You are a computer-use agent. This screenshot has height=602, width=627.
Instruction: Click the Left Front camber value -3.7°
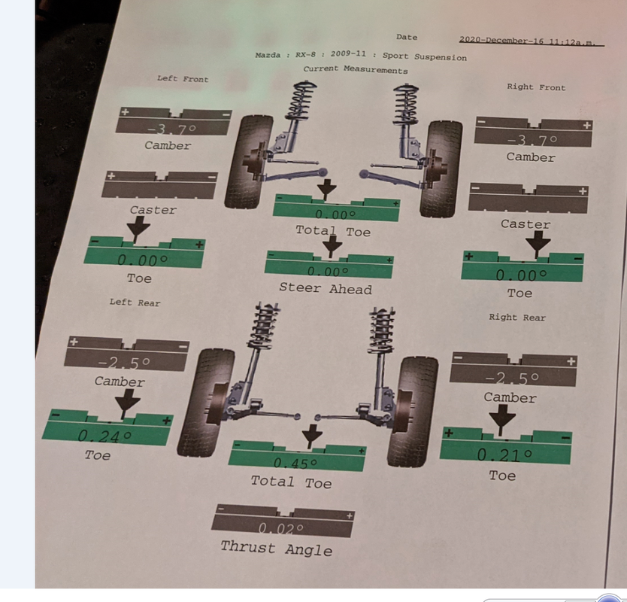[x=172, y=129]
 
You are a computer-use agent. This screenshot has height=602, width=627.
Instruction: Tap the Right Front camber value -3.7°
[x=532, y=140]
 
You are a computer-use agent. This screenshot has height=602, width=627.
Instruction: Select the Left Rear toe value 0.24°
[x=104, y=435]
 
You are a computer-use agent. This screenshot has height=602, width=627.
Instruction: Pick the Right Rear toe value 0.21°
[x=505, y=455]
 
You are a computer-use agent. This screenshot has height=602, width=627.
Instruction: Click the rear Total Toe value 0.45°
[x=295, y=463]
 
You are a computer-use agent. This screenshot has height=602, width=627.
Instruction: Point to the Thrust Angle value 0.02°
[x=281, y=529]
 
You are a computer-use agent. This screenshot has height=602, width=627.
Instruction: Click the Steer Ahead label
[x=326, y=288]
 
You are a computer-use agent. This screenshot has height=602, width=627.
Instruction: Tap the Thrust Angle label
[x=276, y=549]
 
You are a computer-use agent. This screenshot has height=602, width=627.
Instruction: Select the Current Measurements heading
[x=356, y=70]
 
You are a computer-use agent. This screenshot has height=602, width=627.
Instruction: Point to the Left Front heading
[x=183, y=78]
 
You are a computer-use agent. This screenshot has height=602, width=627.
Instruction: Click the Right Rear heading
[x=517, y=317]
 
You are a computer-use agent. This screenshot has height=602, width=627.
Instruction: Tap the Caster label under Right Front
[x=526, y=224]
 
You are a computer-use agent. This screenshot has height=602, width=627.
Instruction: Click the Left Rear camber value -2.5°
[x=124, y=363]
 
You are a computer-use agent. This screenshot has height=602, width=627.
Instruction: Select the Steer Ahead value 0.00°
[x=328, y=272]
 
